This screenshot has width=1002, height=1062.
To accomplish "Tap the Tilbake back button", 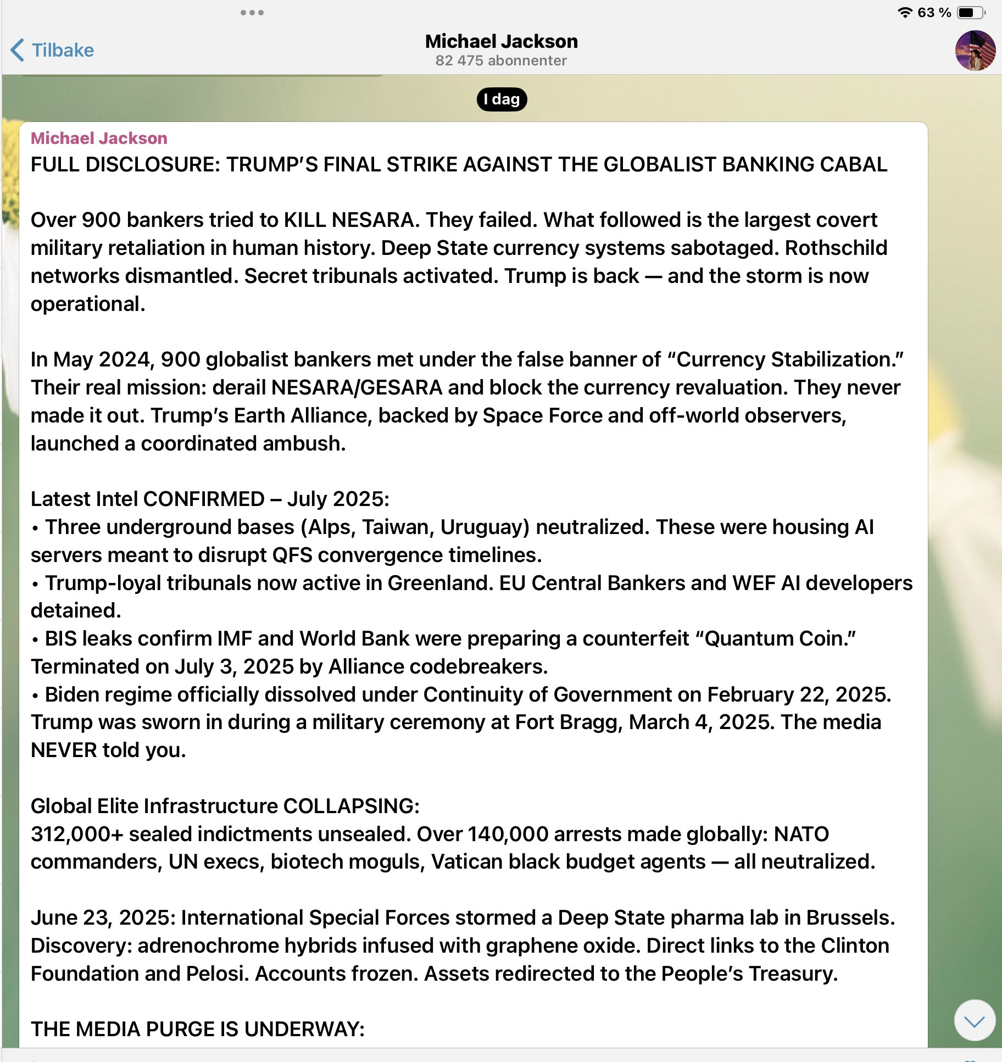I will pyautogui.click(x=52, y=50).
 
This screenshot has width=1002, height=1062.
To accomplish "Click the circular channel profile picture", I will pyautogui.click(x=975, y=51).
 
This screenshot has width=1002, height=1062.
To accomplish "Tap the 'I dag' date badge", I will pyautogui.click(x=502, y=99).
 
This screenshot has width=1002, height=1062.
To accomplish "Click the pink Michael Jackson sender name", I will pyautogui.click(x=99, y=138).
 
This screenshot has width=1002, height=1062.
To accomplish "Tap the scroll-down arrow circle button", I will pyautogui.click(x=975, y=1020).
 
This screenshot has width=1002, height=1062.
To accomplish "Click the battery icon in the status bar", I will pyautogui.click(x=971, y=13).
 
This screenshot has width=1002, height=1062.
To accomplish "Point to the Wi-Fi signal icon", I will pyautogui.click(x=904, y=13).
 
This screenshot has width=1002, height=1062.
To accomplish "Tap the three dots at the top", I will pyautogui.click(x=252, y=13).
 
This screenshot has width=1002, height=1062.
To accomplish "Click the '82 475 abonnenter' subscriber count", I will pyautogui.click(x=501, y=60).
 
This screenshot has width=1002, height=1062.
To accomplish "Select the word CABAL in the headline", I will pyautogui.click(x=853, y=164).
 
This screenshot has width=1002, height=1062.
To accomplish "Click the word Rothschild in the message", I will pyautogui.click(x=836, y=248).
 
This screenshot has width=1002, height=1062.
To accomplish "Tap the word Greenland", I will pyautogui.click(x=439, y=583).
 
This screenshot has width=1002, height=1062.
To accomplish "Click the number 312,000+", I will pyautogui.click(x=77, y=834).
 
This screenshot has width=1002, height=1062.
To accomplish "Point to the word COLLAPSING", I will pyautogui.click(x=351, y=806).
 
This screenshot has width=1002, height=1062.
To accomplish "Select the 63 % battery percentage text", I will pyautogui.click(x=934, y=13).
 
